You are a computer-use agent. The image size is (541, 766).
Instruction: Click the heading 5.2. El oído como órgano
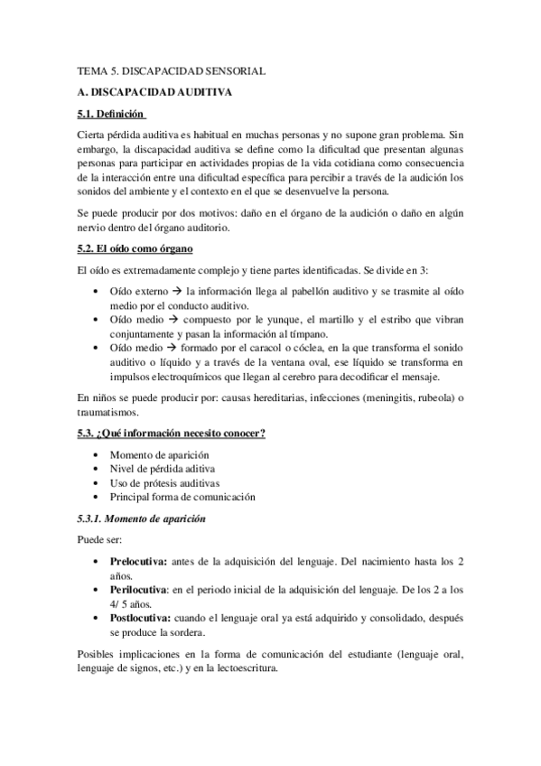point(135,248)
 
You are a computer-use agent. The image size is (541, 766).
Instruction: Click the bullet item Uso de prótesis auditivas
point(164,482)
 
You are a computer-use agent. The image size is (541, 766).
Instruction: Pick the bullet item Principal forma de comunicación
point(182,497)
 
